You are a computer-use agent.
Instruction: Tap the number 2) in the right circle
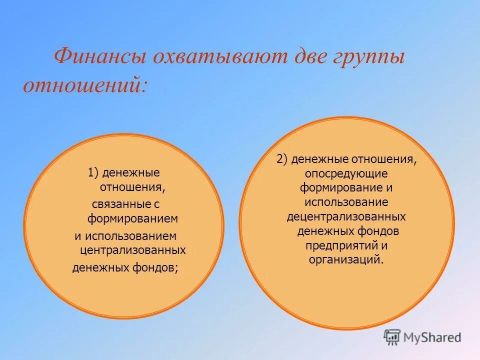(282, 159)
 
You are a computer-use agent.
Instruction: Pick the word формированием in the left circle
(133, 219)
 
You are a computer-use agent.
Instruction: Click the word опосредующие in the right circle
(346, 173)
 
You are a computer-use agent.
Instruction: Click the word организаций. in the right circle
(346, 259)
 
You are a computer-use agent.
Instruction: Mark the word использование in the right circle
(346, 202)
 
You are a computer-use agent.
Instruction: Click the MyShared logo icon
(392, 337)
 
